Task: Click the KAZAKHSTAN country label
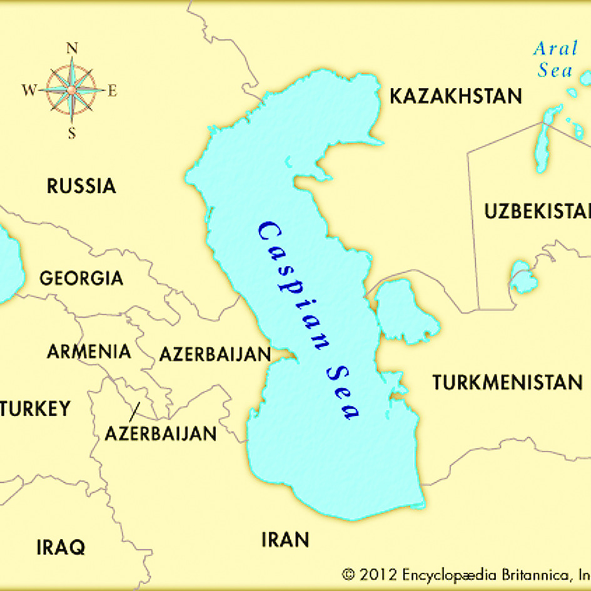pos(455,96)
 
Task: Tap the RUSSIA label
pos(81,186)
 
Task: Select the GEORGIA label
pos(81,278)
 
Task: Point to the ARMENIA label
pos(89,351)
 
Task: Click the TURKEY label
pos(36,409)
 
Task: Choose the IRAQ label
pos(60,547)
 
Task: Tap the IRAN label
pos(285,539)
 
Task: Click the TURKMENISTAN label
pos(507,382)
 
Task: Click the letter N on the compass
pos(72,48)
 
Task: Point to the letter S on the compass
pos(72,133)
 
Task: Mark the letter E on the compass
pos(113,91)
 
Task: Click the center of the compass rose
pos(72,90)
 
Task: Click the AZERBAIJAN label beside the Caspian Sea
pos(215,355)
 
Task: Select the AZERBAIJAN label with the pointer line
pos(161,433)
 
